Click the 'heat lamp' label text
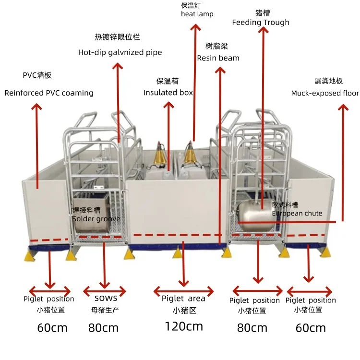(x=197, y=14)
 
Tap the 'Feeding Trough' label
(x=261, y=22)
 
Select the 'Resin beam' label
(x=218, y=58)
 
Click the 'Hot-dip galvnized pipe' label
(x=120, y=52)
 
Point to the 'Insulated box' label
(x=168, y=92)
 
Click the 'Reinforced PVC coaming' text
(x=49, y=93)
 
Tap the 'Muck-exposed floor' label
(x=324, y=93)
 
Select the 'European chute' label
(x=297, y=213)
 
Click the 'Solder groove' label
(x=96, y=219)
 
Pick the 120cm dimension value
(x=183, y=326)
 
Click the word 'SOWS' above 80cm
(x=106, y=298)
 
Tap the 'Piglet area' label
(x=183, y=299)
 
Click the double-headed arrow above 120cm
(x=183, y=290)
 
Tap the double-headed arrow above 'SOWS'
(x=105, y=290)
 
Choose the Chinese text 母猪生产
(x=105, y=310)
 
